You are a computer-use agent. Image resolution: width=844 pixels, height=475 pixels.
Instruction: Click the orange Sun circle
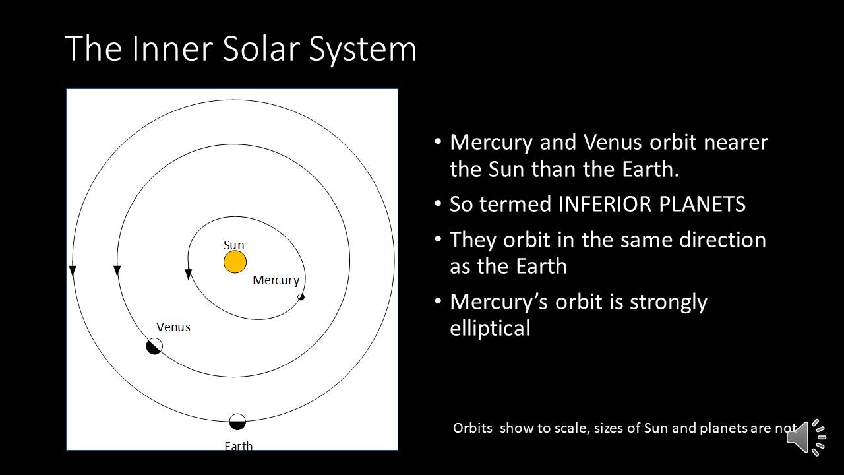point(235,262)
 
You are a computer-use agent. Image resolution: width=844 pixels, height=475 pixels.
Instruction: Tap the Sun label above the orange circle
point(233,245)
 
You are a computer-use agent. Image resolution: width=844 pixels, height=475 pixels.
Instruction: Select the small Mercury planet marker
point(301,297)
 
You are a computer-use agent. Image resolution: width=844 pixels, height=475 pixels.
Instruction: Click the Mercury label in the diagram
point(276,280)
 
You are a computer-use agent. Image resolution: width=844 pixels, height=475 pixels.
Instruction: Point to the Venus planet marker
point(154,346)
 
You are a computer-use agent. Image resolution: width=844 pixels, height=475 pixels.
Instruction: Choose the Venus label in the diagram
point(173,327)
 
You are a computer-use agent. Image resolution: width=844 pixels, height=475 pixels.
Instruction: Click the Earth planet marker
point(237,422)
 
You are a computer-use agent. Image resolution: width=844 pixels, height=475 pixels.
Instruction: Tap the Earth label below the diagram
point(239,446)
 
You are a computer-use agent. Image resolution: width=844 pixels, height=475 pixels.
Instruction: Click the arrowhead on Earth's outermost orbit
point(73,270)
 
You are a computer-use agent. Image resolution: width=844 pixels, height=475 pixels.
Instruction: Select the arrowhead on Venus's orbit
point(117,270)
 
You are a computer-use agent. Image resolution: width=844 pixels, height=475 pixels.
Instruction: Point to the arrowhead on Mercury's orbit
point(189,274)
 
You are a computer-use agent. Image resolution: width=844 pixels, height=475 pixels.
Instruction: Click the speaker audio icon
point(806,437)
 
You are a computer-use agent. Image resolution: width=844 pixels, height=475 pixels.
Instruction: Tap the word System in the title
point(363,51)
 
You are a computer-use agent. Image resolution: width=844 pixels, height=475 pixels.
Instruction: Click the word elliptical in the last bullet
point(490,328)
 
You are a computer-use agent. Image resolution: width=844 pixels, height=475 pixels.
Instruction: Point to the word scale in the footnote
point(571,428)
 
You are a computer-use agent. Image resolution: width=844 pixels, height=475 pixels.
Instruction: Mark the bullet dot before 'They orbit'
point(437,239)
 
